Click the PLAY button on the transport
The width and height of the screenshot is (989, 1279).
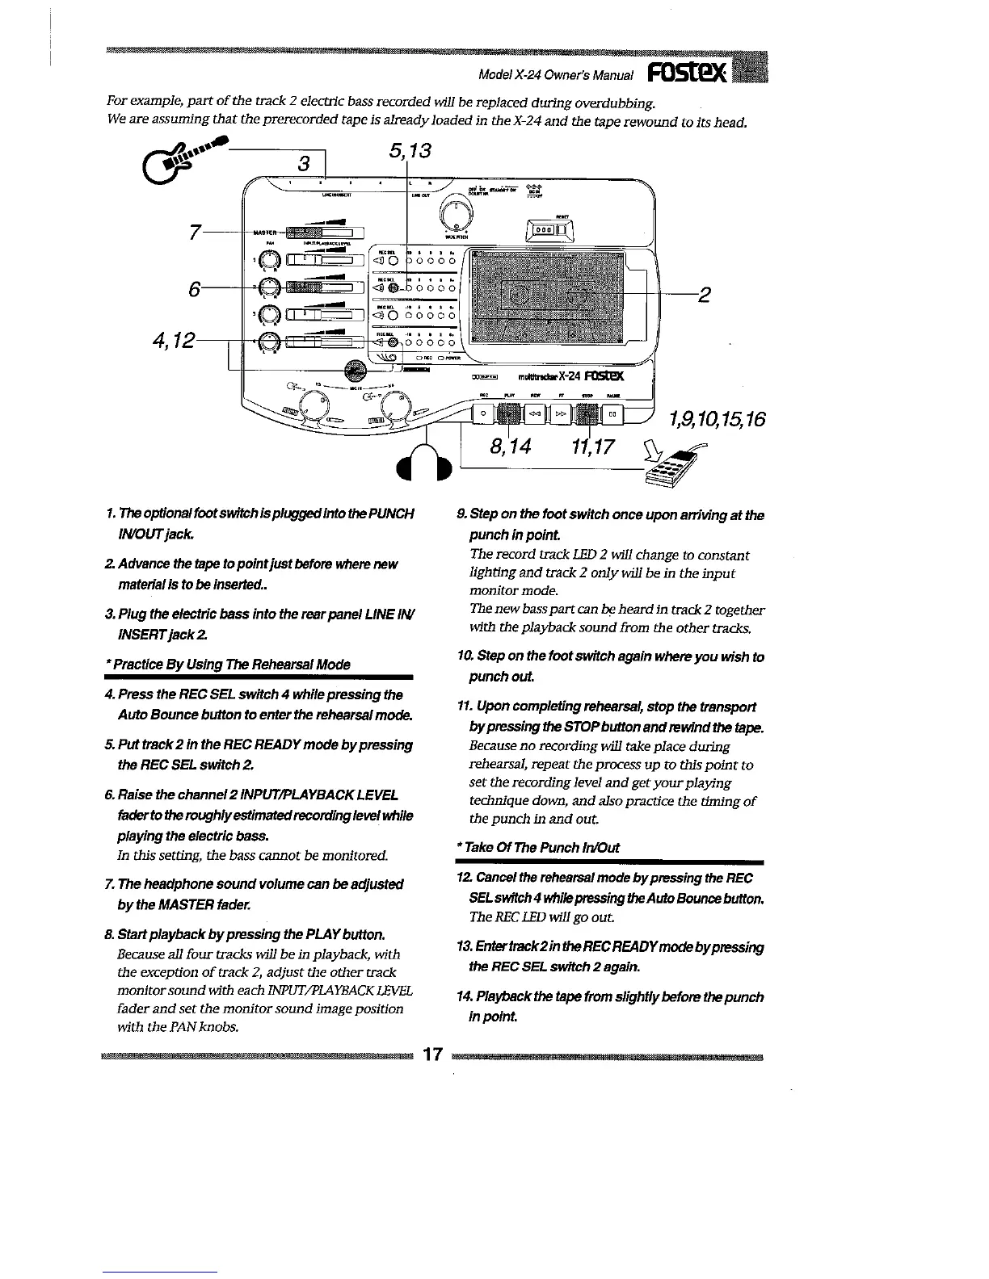pyautogui.click(x=508, y=414)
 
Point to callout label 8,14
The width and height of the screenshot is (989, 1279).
pyautogui.click(x=511, y=443)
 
